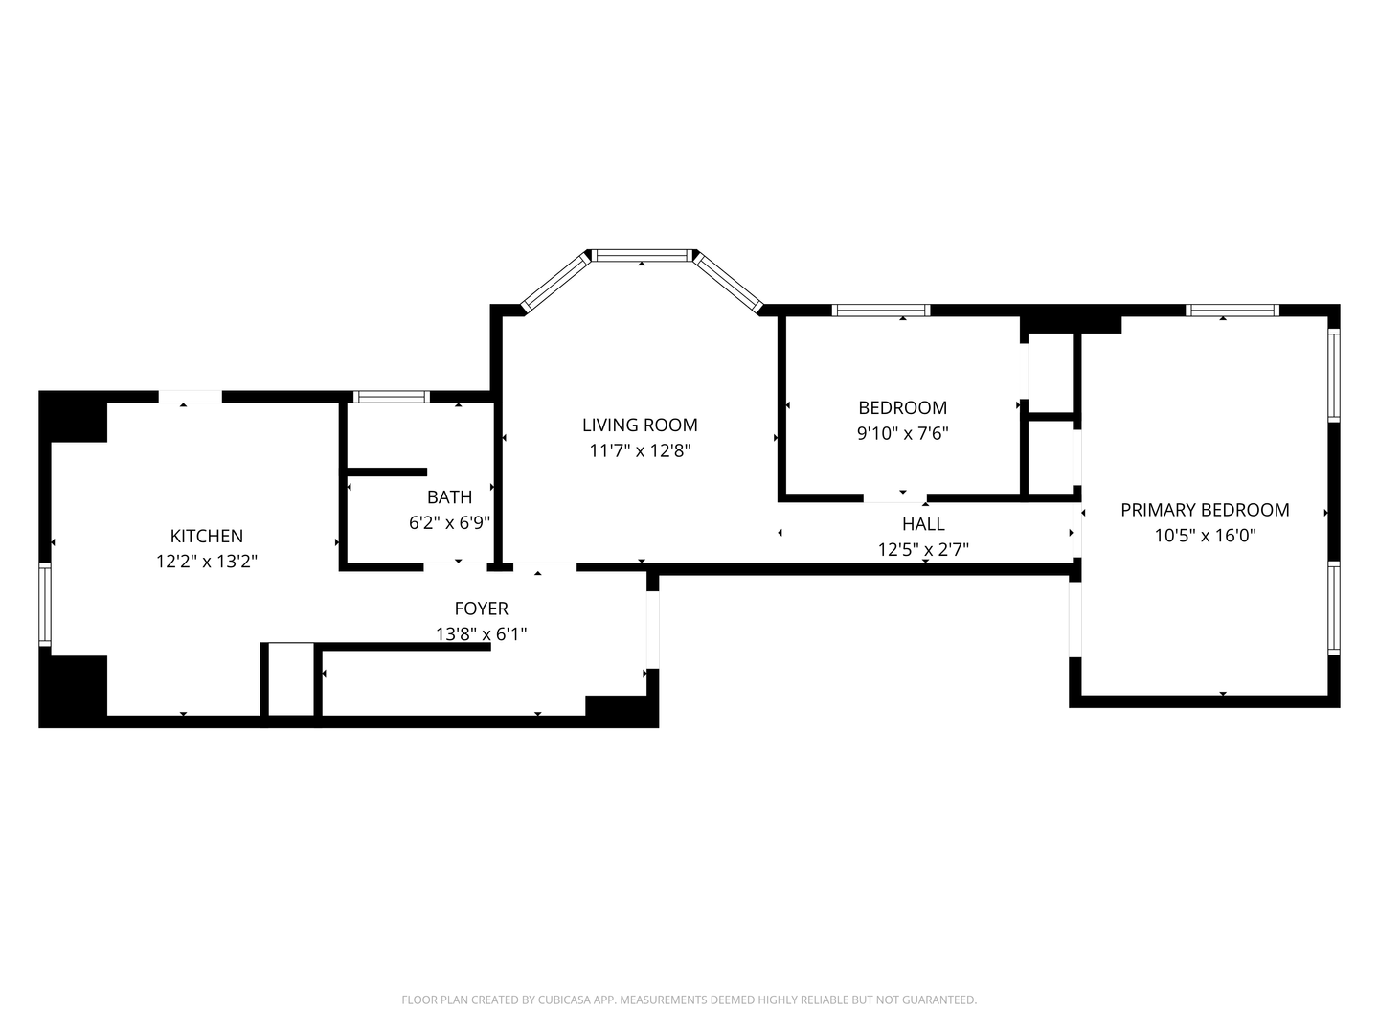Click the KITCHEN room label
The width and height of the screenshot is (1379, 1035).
point(206,536)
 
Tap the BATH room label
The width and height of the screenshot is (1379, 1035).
point(449,496)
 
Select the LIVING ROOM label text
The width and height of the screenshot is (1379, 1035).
point(640,425)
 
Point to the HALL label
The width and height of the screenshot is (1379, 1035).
point(923,523)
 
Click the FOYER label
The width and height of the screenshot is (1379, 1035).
point(482,608)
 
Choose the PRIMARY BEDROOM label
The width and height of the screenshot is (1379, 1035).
point(1205,510)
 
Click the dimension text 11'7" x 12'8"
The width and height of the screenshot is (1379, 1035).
point(640,450)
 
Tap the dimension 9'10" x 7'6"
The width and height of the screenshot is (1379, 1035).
point(902,433)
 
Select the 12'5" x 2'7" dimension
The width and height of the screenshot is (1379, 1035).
point(923,549)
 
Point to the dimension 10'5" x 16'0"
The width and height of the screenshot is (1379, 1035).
point(1205,536)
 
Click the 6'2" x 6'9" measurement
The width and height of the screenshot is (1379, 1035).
point(449,522)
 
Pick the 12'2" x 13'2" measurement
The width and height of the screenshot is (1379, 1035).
point(206,561)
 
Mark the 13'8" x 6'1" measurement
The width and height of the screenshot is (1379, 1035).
point(482,633)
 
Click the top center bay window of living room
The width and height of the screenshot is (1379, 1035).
point(642,256)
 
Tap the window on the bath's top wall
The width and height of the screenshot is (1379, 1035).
point(392,397)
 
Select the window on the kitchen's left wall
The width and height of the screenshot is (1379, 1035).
point(45,604)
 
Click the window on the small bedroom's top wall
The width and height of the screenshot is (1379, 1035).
point(881,310)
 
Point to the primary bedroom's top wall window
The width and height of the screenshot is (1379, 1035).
point(1232,310)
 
